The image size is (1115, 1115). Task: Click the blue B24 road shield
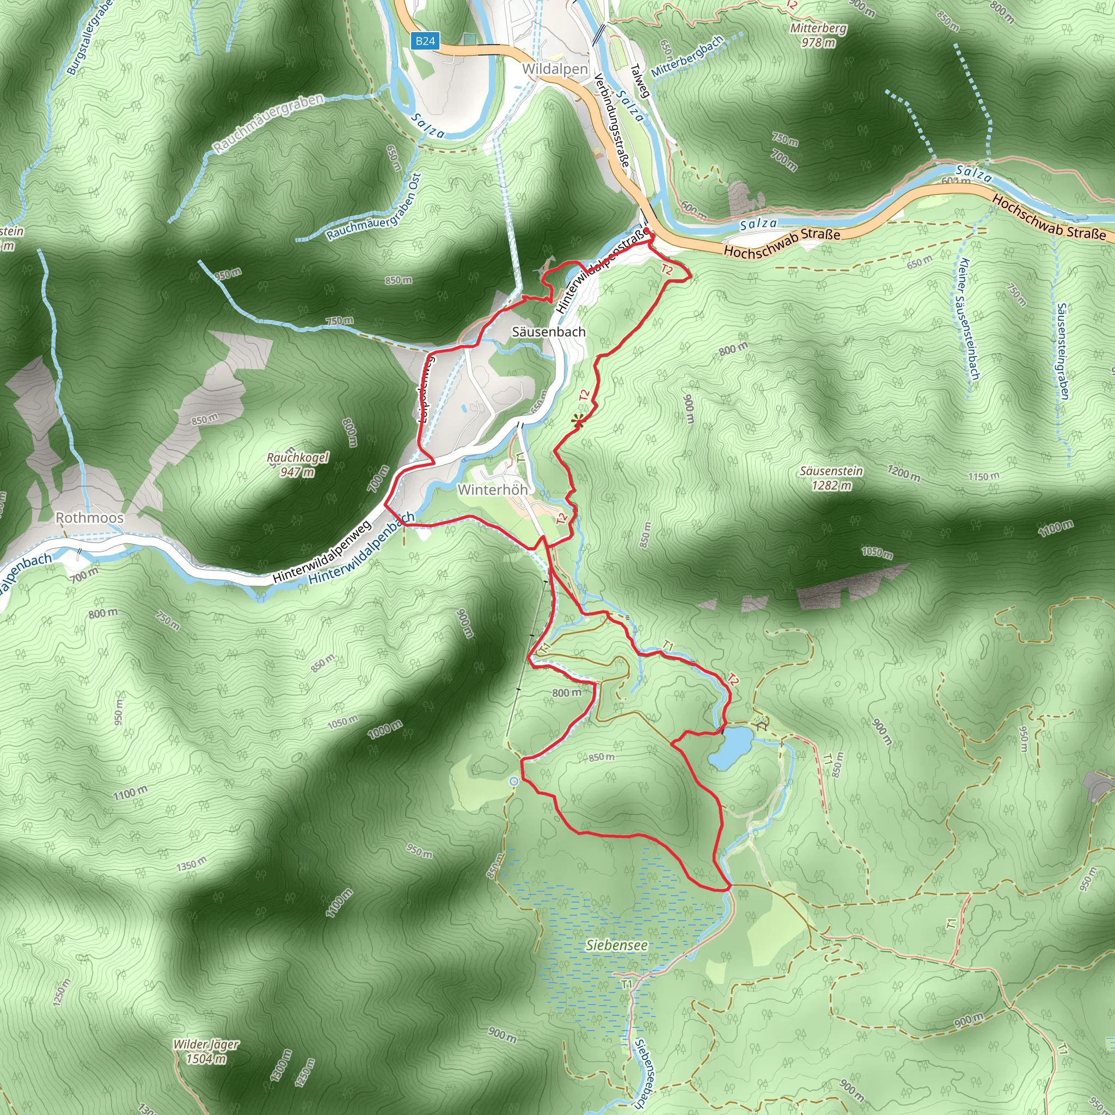425,41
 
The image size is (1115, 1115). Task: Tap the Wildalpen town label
555,69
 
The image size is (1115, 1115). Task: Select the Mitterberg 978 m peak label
818,35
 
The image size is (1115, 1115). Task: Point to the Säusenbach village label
548,332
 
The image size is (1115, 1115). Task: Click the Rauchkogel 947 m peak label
297,464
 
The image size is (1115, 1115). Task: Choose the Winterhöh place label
492,489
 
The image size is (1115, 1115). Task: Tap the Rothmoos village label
89,518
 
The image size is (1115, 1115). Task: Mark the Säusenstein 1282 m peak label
831,478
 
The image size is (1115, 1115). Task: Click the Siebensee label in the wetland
616,945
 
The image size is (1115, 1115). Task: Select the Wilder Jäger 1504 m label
206,1051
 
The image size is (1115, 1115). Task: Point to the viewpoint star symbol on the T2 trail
578,422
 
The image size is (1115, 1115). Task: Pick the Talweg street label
640,81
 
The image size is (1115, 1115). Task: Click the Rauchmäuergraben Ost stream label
374,208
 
